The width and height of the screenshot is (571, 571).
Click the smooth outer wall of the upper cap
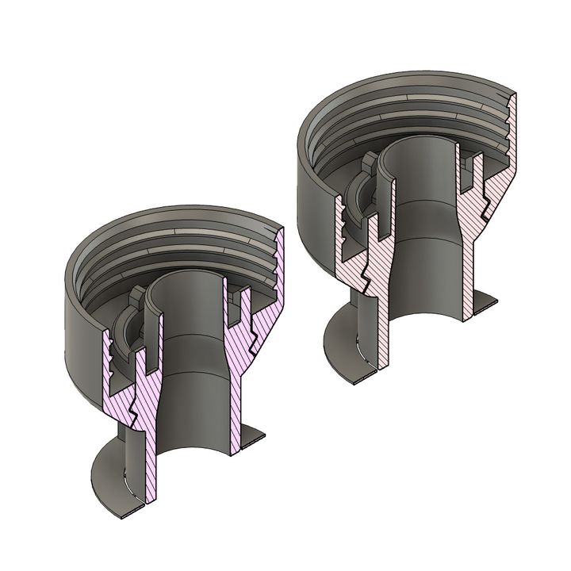(x=313, y=198)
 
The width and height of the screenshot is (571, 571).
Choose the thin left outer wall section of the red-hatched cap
(x=342, y=238)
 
